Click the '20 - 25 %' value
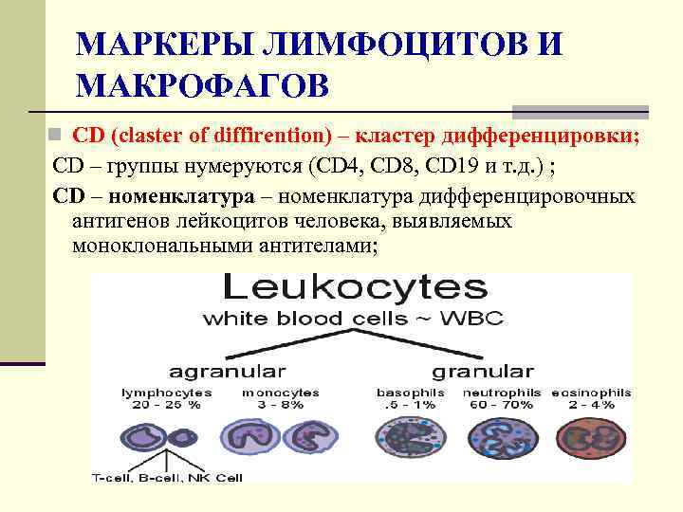(167, 404)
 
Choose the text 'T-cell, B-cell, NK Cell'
(167, 477)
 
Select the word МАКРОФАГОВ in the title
(202, 86)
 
